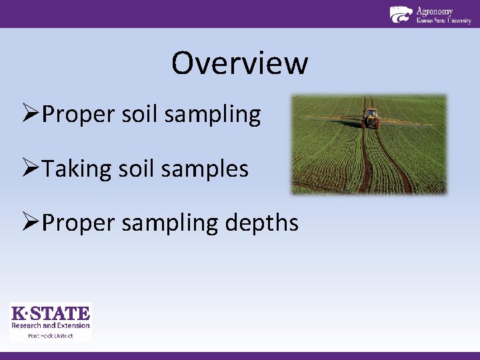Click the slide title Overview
[239, 63]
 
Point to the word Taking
[75, 169]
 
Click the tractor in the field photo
[371, 118]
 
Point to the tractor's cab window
[371, 113]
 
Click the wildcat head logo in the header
[401, 15]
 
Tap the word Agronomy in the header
[434, 11]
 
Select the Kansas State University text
[443, 21]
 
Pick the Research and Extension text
[51, 325]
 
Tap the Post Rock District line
[51, 335]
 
